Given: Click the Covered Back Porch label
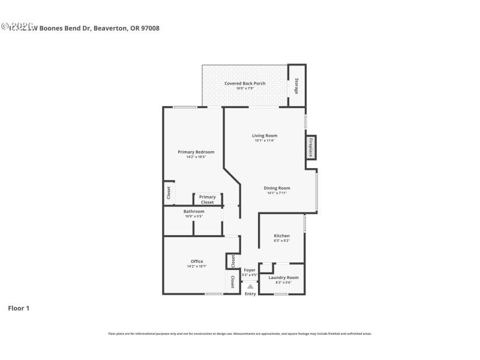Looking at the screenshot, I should coord(245,83).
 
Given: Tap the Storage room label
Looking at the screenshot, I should coord(296,86).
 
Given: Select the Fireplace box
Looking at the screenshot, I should coord(311,148).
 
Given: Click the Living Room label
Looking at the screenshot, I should coord(264,136).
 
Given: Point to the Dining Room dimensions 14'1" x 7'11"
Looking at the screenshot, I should coord(277,193).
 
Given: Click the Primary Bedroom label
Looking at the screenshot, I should coord(196,152).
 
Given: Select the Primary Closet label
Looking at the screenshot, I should coord(207,200).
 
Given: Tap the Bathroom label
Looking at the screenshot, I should coord(194,211).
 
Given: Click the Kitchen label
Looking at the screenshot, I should coord(281,236).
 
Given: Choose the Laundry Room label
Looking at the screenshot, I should coord(283,278).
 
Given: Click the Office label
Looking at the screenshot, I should coord(197,261).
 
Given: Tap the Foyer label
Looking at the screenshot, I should coord(250,271).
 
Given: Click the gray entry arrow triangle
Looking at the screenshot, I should coord(250,286).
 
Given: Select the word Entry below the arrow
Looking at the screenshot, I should coord(250,293).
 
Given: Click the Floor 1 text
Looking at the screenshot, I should coord(18,308).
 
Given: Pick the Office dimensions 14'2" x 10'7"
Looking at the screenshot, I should coord(197,266).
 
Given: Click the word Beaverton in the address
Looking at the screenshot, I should coord(110,28).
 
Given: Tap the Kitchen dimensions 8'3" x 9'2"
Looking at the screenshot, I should coord(281,241).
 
